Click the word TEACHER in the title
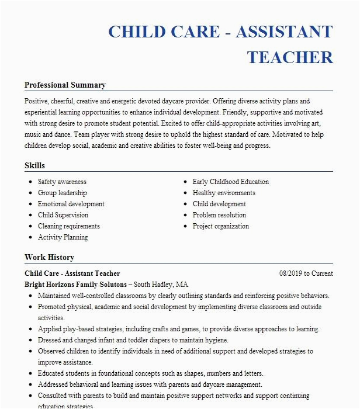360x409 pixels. tap(290, 57)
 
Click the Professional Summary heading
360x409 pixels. tap(65, 85)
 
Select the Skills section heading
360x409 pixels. tap(34, 166)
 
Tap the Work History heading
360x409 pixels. tap(49, 258)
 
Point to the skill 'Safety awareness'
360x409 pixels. tap(62, 182)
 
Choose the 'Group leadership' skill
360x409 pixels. tap(62, 193)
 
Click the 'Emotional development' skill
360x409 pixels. tap(71, 204)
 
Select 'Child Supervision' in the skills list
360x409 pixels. tap(63, 216)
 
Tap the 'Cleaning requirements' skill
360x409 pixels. tap(69, 227)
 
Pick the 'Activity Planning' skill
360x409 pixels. tap(63, 238)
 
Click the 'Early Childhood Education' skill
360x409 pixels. tap(231, 182)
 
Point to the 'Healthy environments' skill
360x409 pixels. tap(224, 193)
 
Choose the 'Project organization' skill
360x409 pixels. tap(221, 227)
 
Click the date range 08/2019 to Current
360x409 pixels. tap(306, 273)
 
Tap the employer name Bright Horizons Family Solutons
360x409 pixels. tap(75, 285)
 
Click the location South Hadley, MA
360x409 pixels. tap(161, 285)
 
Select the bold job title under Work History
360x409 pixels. tap(72, 273)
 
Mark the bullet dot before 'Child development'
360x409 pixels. tap(185, 204)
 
